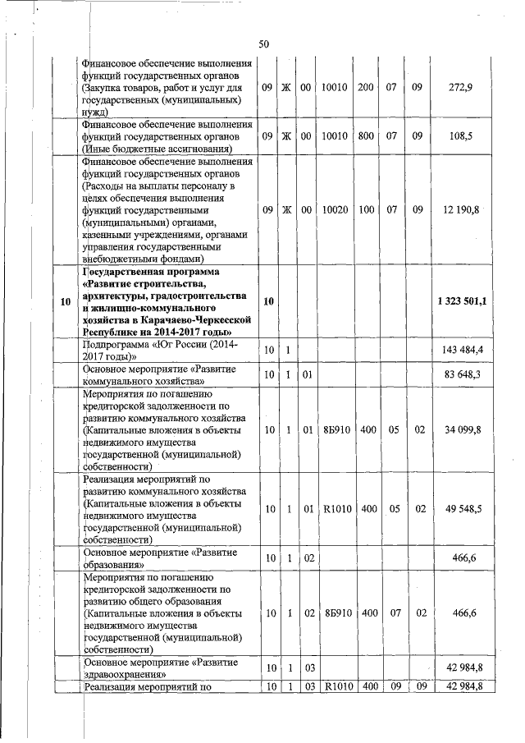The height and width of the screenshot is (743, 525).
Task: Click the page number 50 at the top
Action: [263, 44]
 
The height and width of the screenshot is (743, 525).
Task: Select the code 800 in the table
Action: [366, 136]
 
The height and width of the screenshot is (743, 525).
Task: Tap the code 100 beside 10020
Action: [366, 209]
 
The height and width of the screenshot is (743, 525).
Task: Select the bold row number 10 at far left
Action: [64, 301]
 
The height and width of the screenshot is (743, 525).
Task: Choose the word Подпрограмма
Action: [115, 345]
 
